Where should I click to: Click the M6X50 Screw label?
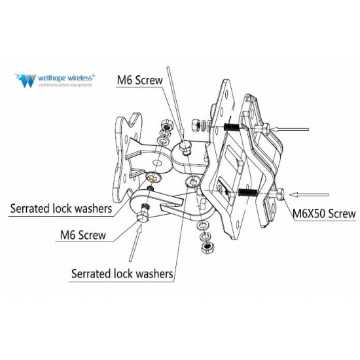pos(324,213)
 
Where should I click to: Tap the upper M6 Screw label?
pos(140,80)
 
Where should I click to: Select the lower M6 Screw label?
pos(83,235)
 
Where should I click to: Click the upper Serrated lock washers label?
pos(61,209)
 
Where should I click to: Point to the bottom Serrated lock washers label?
pos(122,274)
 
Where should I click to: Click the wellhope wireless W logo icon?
pos(26,81)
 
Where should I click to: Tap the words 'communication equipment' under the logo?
pos(65,85)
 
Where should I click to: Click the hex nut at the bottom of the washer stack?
pos(207,247)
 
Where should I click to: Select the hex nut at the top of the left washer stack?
pos(167,126)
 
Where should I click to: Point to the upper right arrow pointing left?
pos(290,130)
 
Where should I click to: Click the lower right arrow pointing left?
pos(309,195)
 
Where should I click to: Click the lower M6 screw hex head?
pos(143,216)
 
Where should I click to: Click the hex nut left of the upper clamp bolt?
pos(196,126)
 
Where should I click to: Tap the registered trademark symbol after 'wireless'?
pos(93,75)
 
